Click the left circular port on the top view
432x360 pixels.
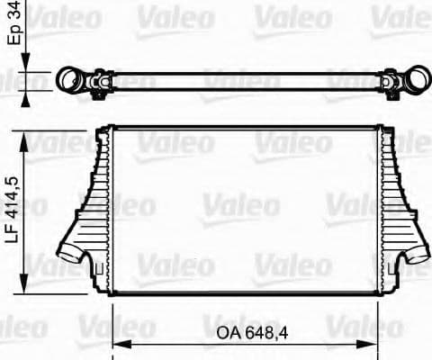tap(70, 82)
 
